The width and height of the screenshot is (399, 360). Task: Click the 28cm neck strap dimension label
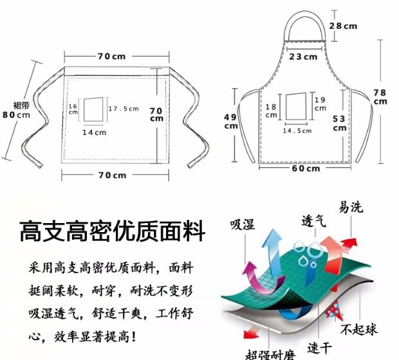343,26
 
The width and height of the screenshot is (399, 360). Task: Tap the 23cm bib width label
302,57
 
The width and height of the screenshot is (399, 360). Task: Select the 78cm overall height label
380,96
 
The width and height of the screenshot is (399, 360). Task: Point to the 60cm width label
306,168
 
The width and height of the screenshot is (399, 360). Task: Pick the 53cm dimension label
339,123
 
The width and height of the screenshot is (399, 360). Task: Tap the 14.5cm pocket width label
297,130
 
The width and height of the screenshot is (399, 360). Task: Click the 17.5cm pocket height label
124,108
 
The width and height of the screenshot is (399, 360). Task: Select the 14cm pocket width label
94,132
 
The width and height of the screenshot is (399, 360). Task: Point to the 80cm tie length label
16,115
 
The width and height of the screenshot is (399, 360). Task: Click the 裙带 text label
21,105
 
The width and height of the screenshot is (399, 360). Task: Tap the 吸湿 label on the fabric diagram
242,224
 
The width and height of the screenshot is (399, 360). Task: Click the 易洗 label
351,207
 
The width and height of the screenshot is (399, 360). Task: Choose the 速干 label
319,347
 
